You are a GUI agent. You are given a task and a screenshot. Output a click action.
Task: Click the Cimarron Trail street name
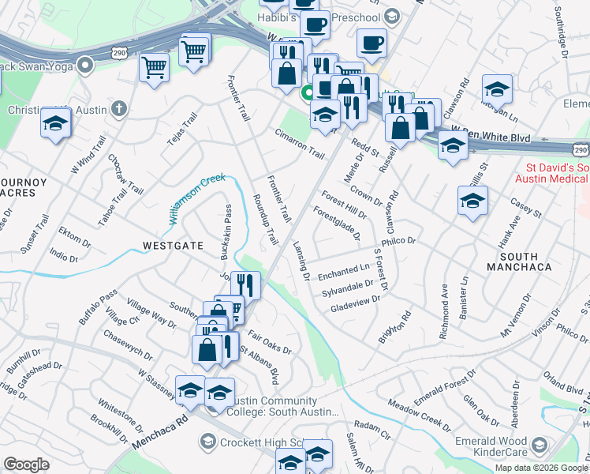tap(300, 143)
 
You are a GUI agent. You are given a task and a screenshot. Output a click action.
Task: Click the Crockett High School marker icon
tap(208, 440)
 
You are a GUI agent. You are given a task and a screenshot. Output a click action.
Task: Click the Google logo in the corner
tap(27, 465)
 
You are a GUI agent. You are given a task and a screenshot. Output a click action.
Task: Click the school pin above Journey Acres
tap(56, 122)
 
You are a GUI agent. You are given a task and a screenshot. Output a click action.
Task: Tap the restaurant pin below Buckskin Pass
tap(245, 285)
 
